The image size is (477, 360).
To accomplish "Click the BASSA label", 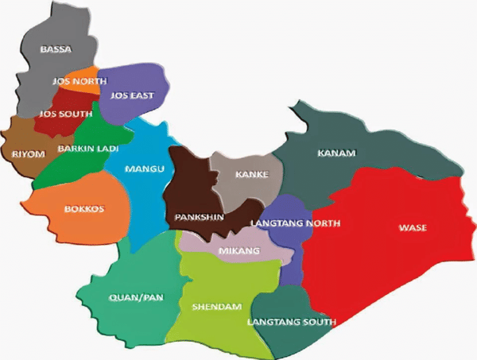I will pos(56,49).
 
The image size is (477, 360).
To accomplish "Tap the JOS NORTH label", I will pos(74,81).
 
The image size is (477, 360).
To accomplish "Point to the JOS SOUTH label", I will pos(67,114).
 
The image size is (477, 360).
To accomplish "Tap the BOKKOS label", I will pos(83,210).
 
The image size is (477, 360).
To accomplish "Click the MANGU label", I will pos(145,168).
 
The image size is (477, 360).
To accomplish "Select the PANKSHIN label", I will pos(199,216).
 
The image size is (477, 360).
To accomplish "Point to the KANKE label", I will pos(253,174).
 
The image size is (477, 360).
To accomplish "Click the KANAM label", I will pos(336,152).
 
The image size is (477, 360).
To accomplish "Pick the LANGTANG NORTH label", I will pos(295,223).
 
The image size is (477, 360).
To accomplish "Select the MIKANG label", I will pos(235,250).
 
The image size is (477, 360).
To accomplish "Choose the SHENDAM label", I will pos(216,306).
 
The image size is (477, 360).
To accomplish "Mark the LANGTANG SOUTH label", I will pos(291,322).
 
